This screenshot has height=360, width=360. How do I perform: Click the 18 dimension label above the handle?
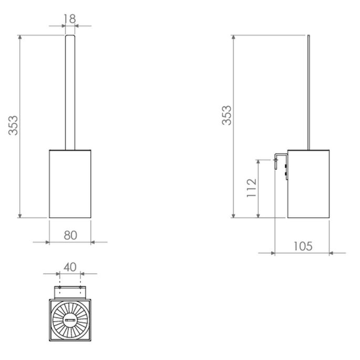point(69,18)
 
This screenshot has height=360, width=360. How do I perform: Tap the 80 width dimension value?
point(70,234)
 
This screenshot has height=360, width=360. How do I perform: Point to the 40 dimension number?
point(70,266)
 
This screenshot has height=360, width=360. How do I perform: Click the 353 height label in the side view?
point(226,115)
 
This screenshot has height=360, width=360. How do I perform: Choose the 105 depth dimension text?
point(303,245)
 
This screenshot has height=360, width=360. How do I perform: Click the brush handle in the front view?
point(70,92)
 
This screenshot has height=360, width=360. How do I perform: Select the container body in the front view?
point(70,184)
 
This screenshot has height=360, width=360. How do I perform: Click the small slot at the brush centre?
point(70,320)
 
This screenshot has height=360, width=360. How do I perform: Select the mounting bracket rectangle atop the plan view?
point(70,292)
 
